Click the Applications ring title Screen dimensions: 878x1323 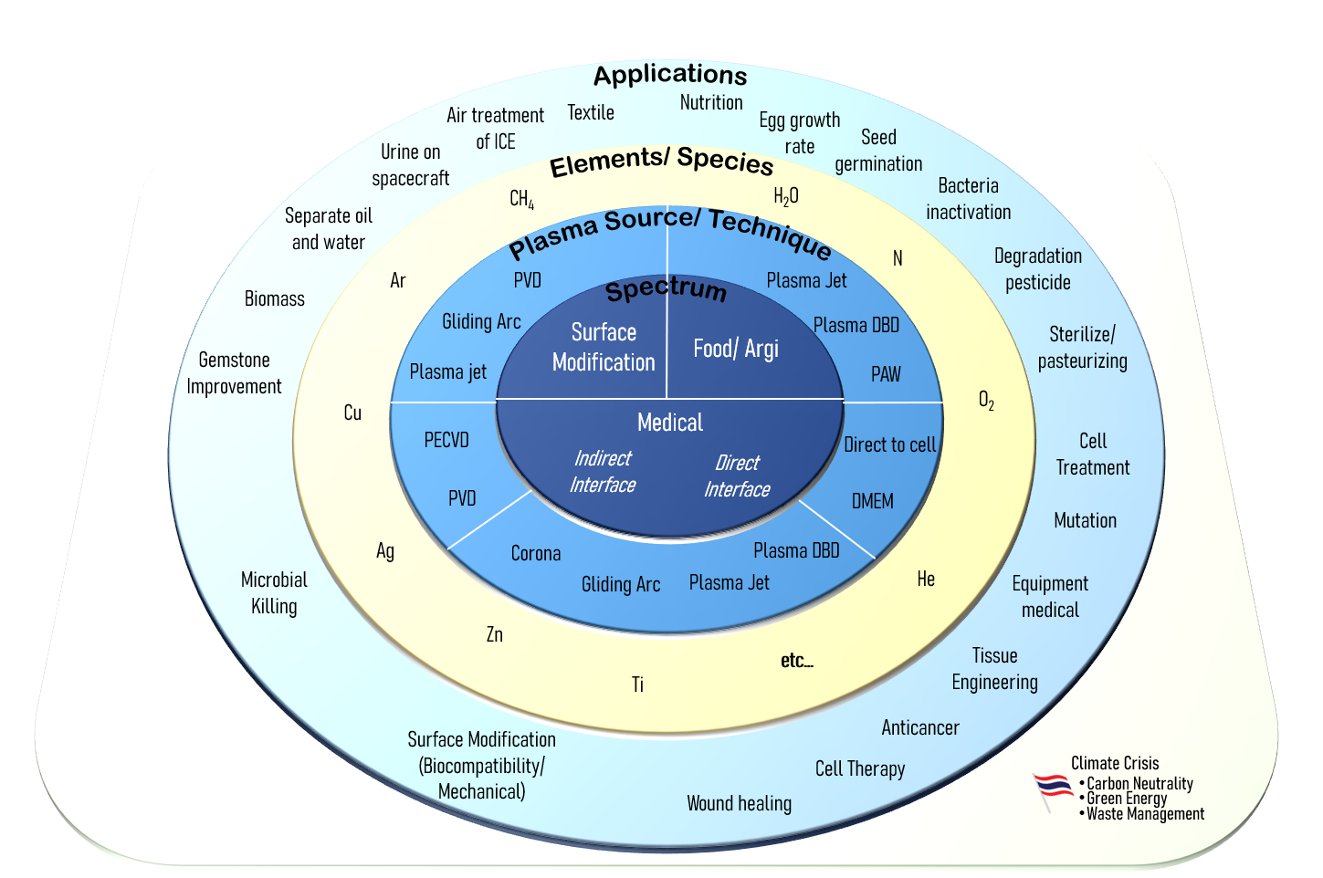tap(670, 75)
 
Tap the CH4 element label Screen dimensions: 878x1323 tap(521, 199)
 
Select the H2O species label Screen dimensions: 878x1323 tap(785, 196)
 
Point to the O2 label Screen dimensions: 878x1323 tap(986, 400)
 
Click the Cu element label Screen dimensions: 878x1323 tap(352, 413)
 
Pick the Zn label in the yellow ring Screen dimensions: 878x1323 tap(494, 634)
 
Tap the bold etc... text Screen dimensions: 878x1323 tap(796, 661)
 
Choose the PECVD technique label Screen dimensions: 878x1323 tap(446, 440)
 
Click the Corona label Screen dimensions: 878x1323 tap(536, 553)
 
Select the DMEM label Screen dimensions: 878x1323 tap(872, 501)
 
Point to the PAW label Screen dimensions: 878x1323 tap(886, 374)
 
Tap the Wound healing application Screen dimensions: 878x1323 tap(739, 803)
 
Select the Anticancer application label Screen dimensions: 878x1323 tap(920, 727)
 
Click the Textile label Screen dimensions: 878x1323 tap(591, 112)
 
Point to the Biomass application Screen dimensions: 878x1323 tap(275, 298)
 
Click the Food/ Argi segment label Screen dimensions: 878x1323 tap(736, 349)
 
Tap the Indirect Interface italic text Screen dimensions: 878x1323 tap(603, 471)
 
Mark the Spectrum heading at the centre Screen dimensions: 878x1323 tap(667, 290)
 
